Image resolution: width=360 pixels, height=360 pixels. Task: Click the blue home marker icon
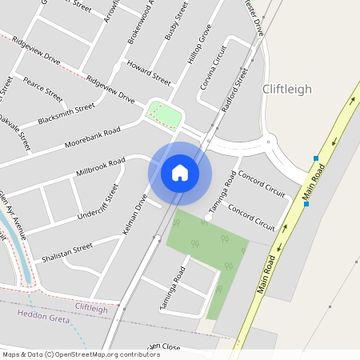click(180, 172)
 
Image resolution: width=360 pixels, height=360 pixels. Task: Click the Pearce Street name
click(43, 88)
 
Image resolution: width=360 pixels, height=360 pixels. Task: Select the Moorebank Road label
click(93, 137)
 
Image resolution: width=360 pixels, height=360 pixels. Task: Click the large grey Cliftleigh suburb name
click(287, 90)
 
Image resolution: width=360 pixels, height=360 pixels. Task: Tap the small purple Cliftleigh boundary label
click(91, 307)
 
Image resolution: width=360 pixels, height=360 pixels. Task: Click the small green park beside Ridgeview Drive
click(164, 115)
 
